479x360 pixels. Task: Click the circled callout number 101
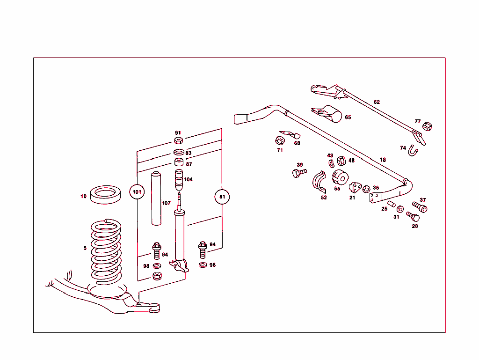click(x=137, y=192)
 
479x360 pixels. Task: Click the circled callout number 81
click(x=222, y=197)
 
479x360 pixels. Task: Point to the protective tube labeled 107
click(x=155, y=199)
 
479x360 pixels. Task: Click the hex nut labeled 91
click(x=178, y=141)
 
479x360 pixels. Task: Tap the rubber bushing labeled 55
click(x=341, y=178)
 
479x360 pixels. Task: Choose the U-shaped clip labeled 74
click(x=413, y=151)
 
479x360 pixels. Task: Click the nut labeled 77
click(x=427, y=126)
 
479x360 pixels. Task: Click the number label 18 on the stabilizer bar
click(x=383, y=160)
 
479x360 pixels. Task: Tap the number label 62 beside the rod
click(x=377, y=102)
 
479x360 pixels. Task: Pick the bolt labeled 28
click(x=413, y=216)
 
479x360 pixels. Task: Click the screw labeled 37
click(x=420, y=206)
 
